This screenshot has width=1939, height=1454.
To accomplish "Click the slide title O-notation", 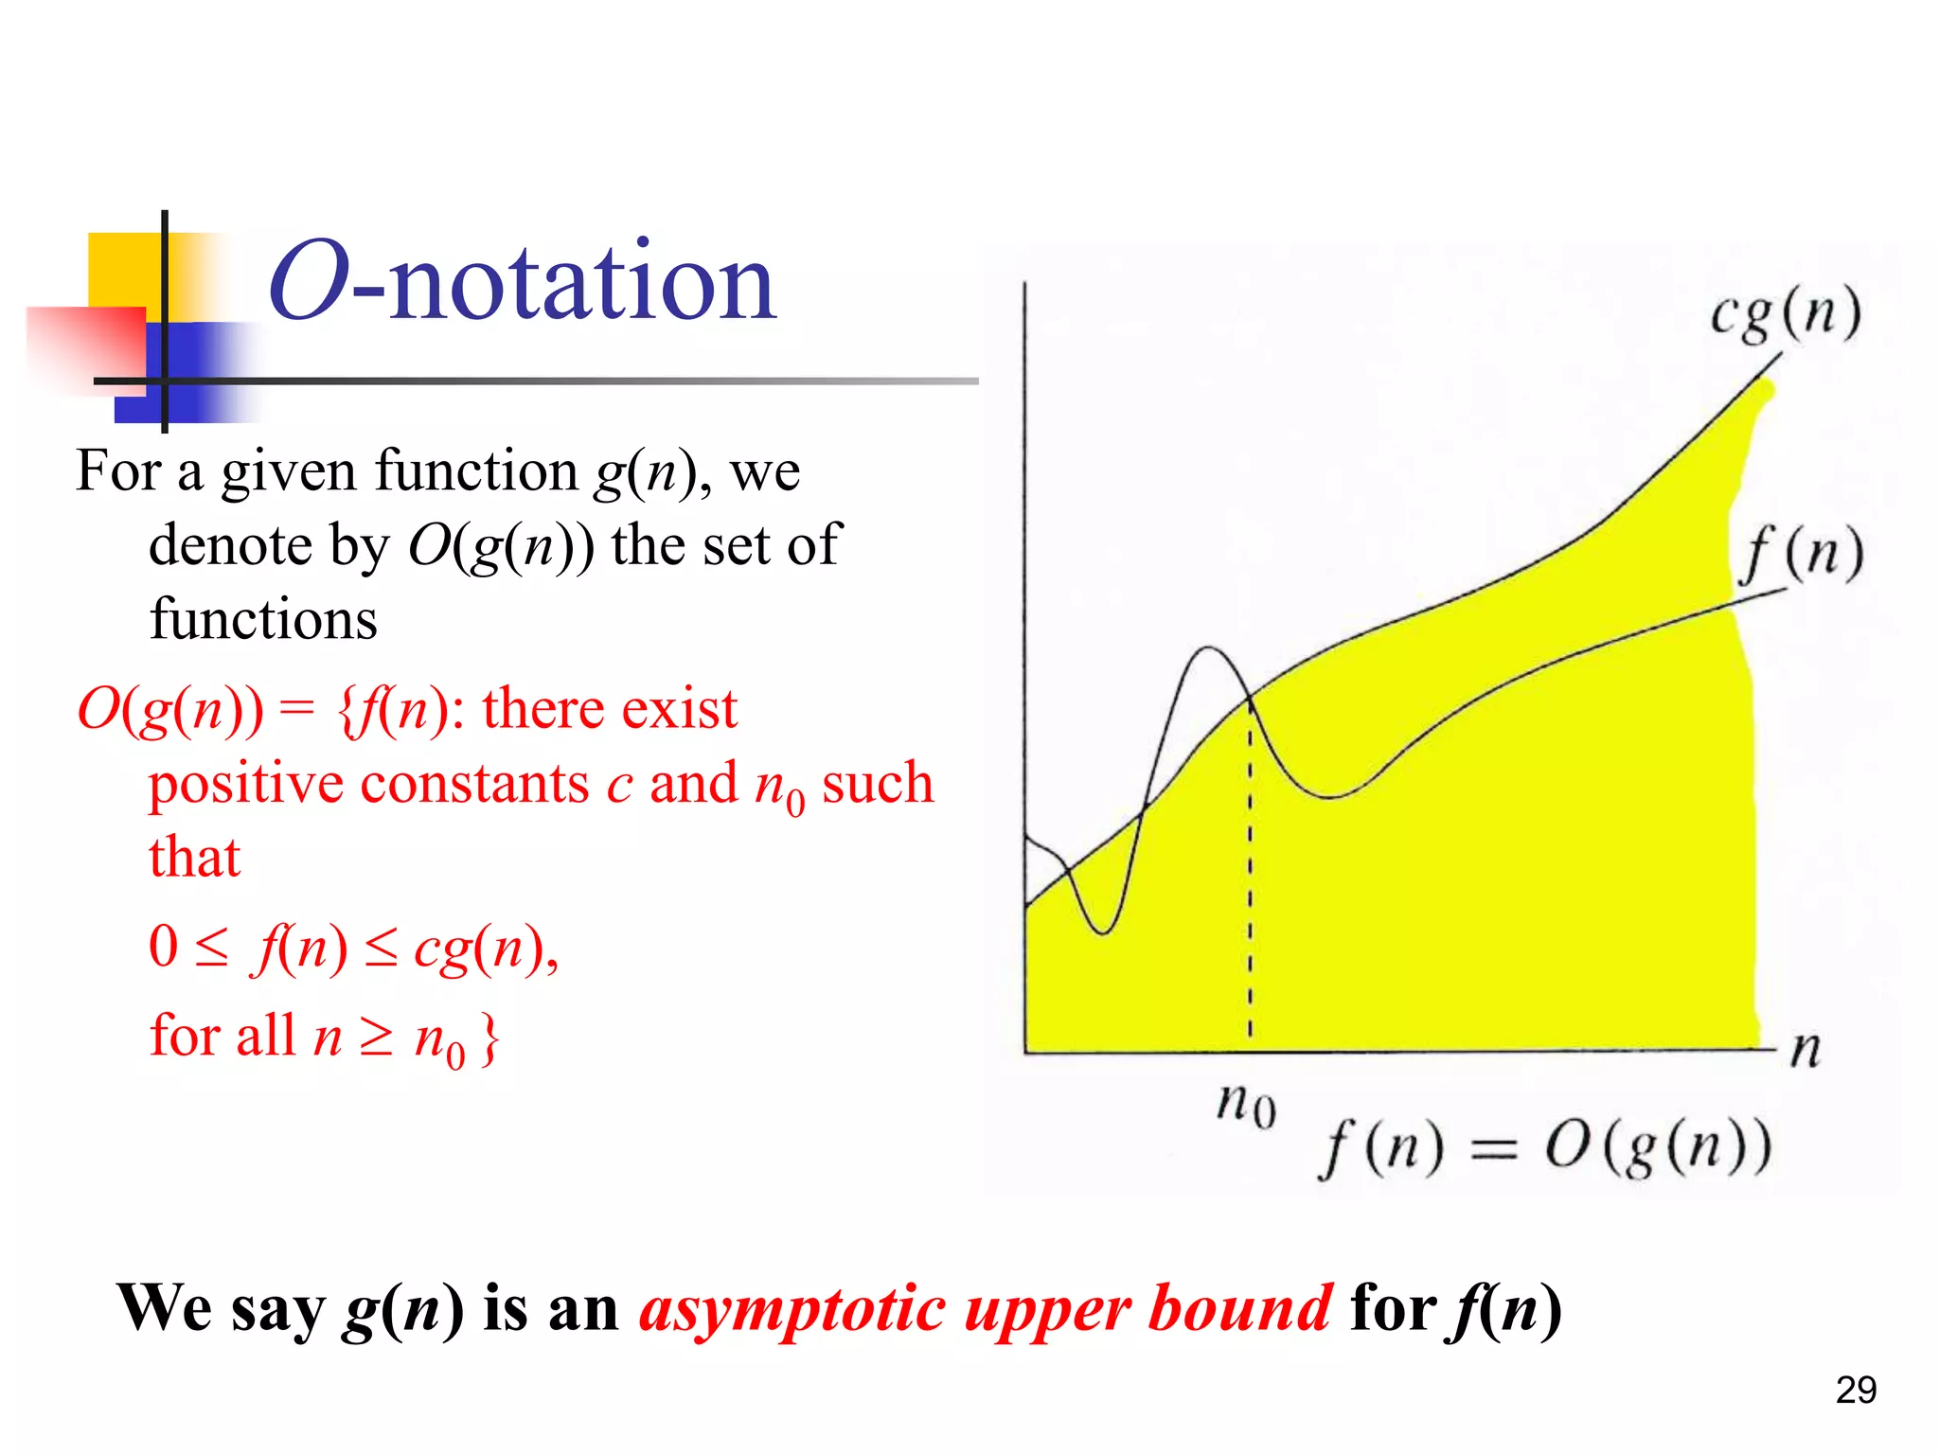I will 523,282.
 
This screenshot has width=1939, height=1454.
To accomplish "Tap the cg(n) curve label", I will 1786,313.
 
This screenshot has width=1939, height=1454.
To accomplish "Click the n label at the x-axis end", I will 1806,1049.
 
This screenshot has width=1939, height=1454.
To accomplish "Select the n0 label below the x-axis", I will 1246,1104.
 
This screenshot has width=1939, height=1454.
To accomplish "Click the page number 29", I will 1856,1390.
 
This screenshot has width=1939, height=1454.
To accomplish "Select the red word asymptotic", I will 793,1309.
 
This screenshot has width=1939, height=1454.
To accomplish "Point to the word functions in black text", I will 263,620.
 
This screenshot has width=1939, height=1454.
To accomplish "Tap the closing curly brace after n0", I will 489,1038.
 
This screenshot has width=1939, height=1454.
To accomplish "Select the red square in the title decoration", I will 86,346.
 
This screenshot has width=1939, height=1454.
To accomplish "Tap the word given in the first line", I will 289,472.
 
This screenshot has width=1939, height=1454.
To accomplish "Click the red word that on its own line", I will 194,858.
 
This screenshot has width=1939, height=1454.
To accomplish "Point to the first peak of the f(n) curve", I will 1208,648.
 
